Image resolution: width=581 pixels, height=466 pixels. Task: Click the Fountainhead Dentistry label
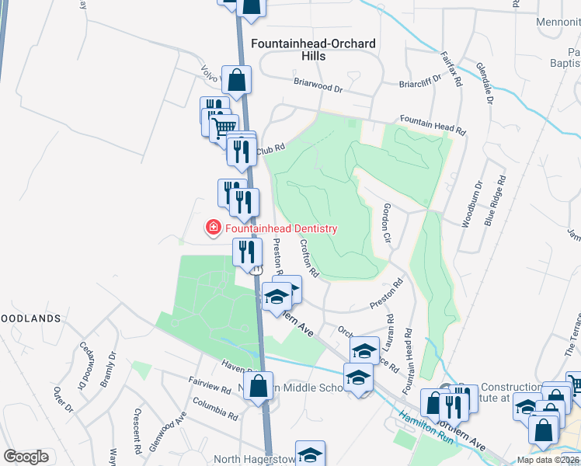point(281,228)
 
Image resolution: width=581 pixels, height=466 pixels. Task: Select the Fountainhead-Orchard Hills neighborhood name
point(313,50)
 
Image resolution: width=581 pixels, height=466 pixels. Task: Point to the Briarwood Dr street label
point(318,83)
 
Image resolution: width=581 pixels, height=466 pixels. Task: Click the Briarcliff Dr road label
point(419,78)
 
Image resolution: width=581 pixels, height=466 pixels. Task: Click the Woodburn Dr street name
point(472,204)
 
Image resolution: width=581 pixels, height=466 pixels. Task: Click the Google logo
point(26,457)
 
